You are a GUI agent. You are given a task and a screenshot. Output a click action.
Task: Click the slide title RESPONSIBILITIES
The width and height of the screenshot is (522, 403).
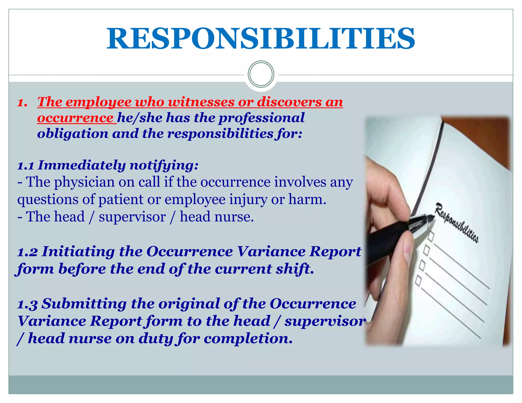[x=261, y=39]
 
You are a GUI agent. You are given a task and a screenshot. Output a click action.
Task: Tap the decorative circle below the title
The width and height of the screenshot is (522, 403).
[x=261, y=74]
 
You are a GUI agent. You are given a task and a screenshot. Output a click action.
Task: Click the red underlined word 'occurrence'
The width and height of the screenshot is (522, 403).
[x=75, y=118]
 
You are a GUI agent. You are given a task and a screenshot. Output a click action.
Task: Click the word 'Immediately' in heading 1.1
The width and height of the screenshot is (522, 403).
[x=82, y=165]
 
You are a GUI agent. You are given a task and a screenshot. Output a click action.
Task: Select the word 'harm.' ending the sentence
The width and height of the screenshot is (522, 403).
[x=307, y=199]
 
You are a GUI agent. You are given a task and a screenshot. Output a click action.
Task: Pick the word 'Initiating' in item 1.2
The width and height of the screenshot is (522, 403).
[x=78, y=251]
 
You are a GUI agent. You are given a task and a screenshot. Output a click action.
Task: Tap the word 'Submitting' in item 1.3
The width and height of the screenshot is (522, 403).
[x=84, y=304]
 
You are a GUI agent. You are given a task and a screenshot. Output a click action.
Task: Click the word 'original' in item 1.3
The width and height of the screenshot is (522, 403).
[x=189, y=304]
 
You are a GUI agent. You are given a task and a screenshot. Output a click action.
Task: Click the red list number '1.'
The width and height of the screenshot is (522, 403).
[x=22, y=102]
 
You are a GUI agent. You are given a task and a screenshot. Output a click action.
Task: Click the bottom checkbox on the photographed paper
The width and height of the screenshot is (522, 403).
[x=419, y=280]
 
